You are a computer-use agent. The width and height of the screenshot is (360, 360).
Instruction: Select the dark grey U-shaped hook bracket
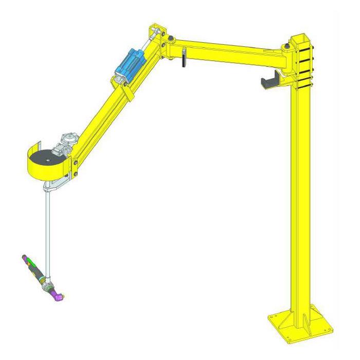271,82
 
